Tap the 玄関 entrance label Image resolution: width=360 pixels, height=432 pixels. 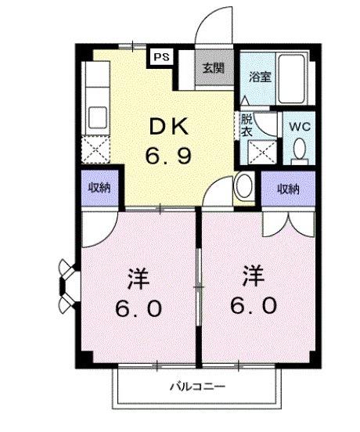pos(214,68)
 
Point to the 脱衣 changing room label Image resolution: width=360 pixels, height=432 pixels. pos(247,125)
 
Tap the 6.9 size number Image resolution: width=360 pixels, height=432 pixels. pos(167,155)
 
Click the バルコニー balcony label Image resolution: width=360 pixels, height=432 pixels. pos(198,387)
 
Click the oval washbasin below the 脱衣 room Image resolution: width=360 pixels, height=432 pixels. pos(243,186)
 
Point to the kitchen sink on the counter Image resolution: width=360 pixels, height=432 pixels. pos(97,117)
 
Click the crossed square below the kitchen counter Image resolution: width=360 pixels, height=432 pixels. pos(98,149)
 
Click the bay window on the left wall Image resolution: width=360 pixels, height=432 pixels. pos(65,282)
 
